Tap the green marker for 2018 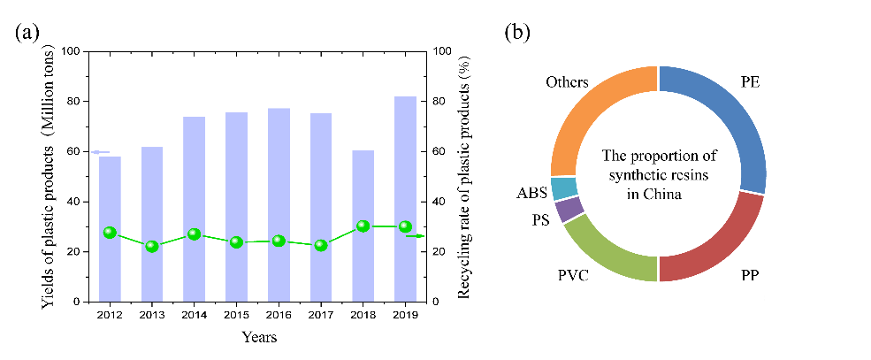(x=363, y=226)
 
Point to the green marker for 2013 (x=152, y=246)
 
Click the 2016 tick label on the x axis (x=279, y=314)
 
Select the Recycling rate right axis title (x=462, y=176)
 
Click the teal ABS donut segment (x=563, y=188)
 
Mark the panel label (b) (x=517, y=33)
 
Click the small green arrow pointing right (x=415, y=236)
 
